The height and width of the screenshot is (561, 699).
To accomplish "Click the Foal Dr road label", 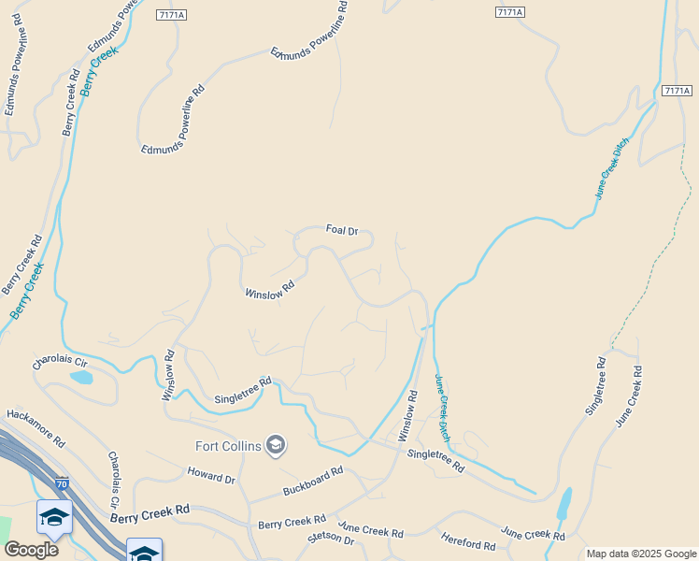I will [x=341, y=229].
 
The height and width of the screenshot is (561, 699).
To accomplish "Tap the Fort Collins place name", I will [x=228, y=445].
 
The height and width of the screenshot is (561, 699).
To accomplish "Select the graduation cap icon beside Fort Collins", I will [x=275, y=444].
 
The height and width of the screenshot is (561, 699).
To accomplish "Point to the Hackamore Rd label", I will [x=36, y=427].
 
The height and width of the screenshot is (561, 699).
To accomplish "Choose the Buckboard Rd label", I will [x=314, y=482].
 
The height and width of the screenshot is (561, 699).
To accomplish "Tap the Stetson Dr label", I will [x=331, y=540].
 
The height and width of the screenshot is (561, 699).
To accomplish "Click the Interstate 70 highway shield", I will [x=61, y=483].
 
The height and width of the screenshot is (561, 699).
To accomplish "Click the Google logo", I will [x=31, y=549].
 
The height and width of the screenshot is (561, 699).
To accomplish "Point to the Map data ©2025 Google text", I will [x=642, y=554].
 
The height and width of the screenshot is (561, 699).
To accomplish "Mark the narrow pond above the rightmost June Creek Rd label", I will [x=563, y=504].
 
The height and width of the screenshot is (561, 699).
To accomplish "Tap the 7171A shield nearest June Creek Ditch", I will [x=676, y=91].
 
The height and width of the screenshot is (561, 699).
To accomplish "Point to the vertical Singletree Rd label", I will [x=595, y=385].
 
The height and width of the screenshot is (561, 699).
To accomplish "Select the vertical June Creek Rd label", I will [x=629, y=397].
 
